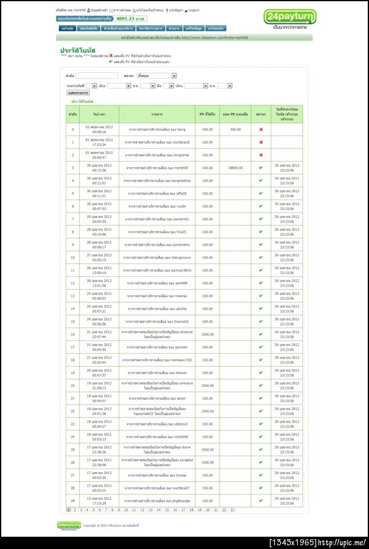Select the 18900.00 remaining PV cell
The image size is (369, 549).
(235, 168)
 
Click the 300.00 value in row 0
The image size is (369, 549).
(235, 130)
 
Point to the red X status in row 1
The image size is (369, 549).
(261, 142)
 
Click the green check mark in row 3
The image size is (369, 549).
(261, 168)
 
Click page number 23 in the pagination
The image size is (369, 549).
(232, 510)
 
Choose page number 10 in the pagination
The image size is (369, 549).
(126, 510)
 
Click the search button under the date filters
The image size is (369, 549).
(77, 93)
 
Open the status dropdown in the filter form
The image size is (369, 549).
(156, 76)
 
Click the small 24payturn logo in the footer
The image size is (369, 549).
(68, 525)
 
